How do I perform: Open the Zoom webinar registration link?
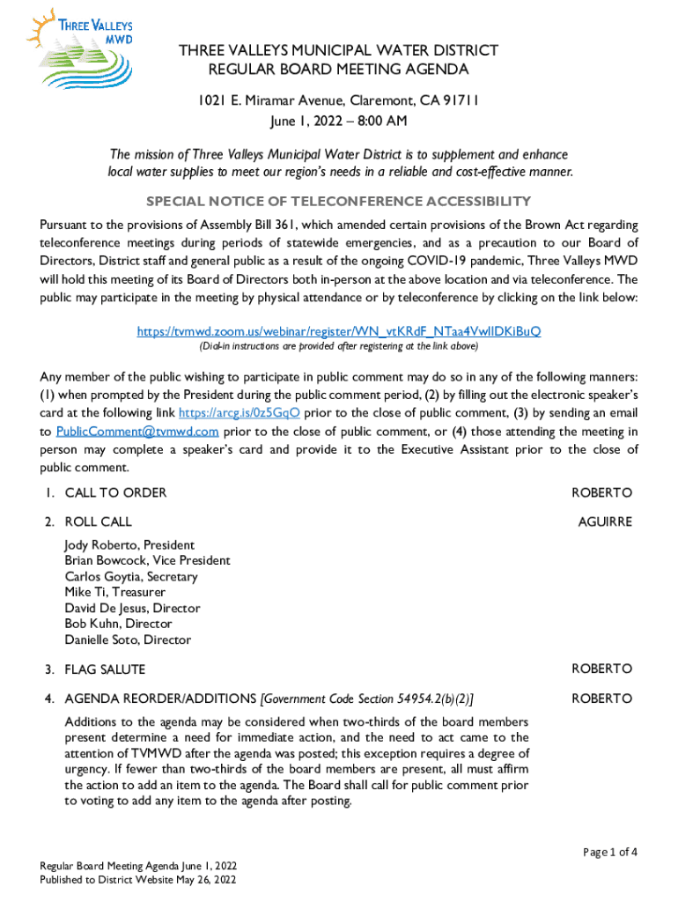coord(339,331)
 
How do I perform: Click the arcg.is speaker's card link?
coord(240,412)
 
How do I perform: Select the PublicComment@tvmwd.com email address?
coord(137,431)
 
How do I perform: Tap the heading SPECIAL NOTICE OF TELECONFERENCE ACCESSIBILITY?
coord(339,201)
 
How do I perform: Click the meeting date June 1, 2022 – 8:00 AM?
coord(339,121)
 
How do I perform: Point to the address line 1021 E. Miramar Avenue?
coord(339,100)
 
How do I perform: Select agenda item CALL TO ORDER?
coord(115,492)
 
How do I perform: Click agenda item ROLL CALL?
coord(98,522)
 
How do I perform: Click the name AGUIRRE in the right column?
coord(605,522)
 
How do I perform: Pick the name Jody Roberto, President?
coord(129,545)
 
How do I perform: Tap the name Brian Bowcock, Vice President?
coord(147,561)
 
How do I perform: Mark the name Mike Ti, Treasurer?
coord(114,593)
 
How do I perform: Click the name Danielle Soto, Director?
coord(128,640)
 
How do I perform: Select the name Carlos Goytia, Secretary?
coord(130,577)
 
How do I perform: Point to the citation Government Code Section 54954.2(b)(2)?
coord(367,699)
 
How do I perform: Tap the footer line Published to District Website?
coord(137,880)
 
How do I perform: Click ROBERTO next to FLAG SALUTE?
coord(602,669)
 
